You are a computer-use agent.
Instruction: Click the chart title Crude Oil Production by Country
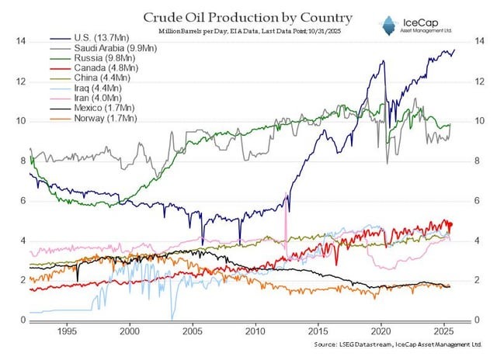pyautogui.click(x=236, y=16)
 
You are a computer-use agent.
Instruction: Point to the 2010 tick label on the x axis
pyautogui.click(x=255, y=329)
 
